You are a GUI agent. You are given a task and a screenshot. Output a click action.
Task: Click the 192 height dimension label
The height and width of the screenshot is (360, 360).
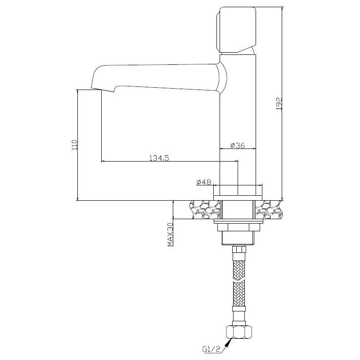tap(279, 103)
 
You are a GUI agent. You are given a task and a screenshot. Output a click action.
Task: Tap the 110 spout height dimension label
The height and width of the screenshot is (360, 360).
tap(75, 144)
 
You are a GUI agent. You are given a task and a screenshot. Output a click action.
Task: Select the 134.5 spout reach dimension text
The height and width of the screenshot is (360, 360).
tap(159, 158)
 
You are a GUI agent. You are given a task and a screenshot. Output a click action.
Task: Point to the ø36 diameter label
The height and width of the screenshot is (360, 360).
tap(238, 145)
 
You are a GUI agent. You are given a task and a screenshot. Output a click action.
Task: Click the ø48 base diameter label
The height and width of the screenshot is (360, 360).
tap(204, 182)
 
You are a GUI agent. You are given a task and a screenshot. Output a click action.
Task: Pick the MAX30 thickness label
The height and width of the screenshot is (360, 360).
tap(170, 234)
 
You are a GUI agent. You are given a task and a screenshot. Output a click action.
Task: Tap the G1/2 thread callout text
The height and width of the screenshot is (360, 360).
tap(211, 349)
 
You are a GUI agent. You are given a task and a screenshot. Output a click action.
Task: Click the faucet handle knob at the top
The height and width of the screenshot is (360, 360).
tap(236, 29)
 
